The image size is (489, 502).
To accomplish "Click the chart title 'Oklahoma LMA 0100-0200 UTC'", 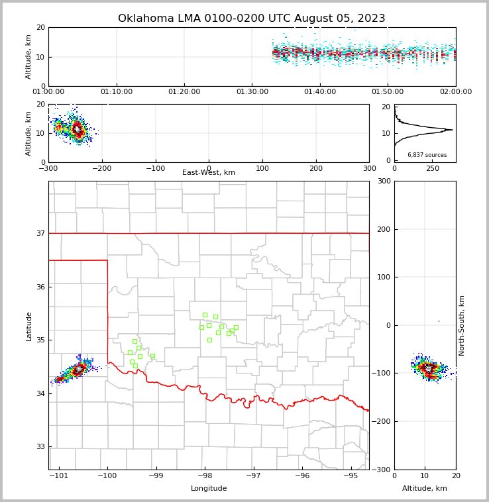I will click(x=251, y=19).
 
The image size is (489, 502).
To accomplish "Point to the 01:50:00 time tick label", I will click(x=388, y=92).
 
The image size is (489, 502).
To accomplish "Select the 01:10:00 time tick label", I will click(x=116, y=92).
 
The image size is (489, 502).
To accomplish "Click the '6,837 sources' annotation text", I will click(x=427, y=155).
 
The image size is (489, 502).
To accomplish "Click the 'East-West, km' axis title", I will click(x=209, y=173).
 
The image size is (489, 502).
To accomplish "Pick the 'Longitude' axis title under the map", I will click(x=209, y=489).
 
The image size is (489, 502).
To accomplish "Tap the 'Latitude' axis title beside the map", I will click(x=29, y=326).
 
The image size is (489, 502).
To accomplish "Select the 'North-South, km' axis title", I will click(x=462, y=325).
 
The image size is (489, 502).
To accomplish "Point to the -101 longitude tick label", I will click(x=58, y=476).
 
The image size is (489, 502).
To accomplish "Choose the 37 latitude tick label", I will click(x=40, y=233).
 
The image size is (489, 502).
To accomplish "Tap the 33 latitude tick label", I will click(x=40, y=447).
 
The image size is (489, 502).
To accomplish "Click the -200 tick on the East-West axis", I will click(x=101, y=169).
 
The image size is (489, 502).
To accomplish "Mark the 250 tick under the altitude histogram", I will click(x=433, y=169).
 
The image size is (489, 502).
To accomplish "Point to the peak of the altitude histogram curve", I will click(x=452, y=130).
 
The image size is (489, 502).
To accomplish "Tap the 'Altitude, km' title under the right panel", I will click(x=425, y=489).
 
